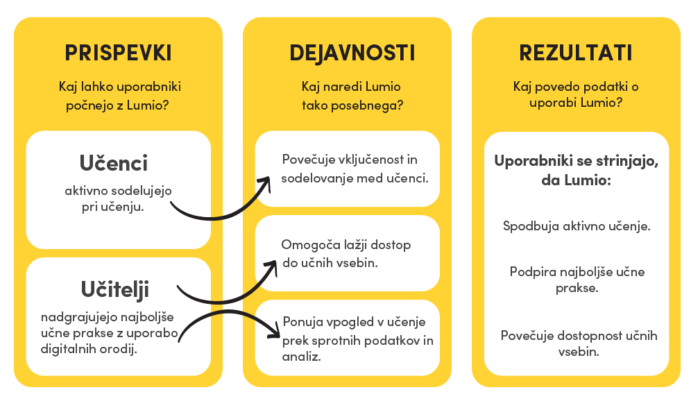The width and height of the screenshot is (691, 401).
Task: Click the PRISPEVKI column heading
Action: pos(118,53)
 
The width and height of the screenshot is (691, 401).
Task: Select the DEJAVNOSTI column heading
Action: pos(352,53)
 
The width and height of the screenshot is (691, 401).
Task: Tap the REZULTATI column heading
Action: pos(576,53)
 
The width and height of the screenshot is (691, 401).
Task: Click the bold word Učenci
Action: pos(114,163)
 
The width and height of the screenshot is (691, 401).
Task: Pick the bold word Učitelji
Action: pos(115,289)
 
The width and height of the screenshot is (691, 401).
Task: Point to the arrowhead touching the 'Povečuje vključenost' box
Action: pos(265,183)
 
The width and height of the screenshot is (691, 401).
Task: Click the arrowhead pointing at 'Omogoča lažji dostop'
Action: pos(271,267)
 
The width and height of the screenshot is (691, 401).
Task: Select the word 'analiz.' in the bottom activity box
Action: pos(301,357)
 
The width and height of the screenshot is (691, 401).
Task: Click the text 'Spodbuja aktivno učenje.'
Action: pos(577,226)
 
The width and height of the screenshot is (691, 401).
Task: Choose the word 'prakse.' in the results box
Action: pos(577,288)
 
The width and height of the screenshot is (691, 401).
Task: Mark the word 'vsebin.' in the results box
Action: pos(579,352)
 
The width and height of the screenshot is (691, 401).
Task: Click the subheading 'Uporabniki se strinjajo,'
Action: pos(577,161)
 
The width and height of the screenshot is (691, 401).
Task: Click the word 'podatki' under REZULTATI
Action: pos(606,87)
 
